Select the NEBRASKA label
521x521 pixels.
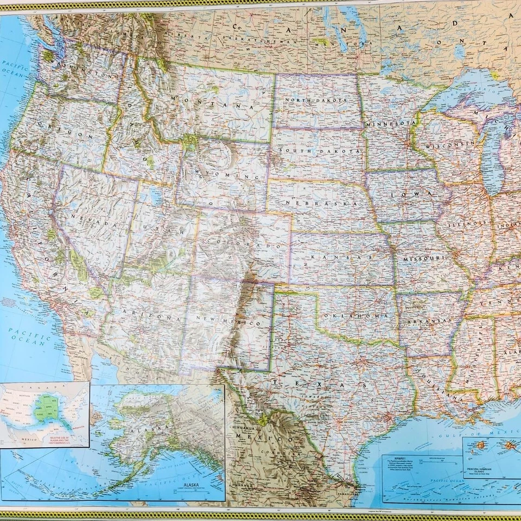coord(320,204)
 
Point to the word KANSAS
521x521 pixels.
coord(341,256)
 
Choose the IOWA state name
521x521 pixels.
coord(418,193)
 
